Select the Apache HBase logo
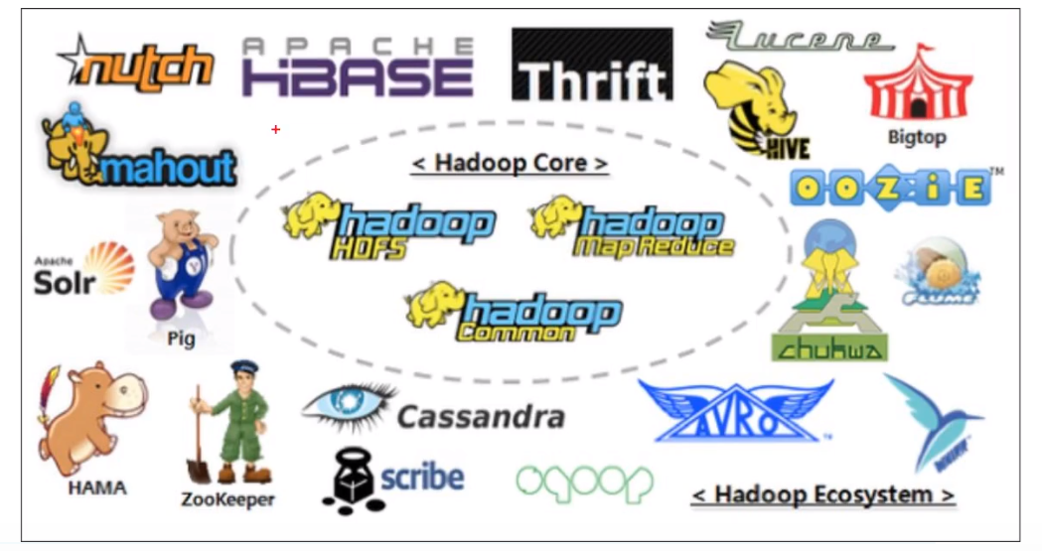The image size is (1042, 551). pos(358,68)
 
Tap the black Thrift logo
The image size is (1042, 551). pos(592,66)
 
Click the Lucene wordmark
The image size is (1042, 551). pos(801,37)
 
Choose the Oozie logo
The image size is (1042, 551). pos(890,188)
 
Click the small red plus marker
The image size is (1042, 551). pos(276,129)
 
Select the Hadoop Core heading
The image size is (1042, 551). pos(510,163)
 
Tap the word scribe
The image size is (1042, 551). pos(422,478)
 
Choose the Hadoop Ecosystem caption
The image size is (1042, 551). pos(822,494)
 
